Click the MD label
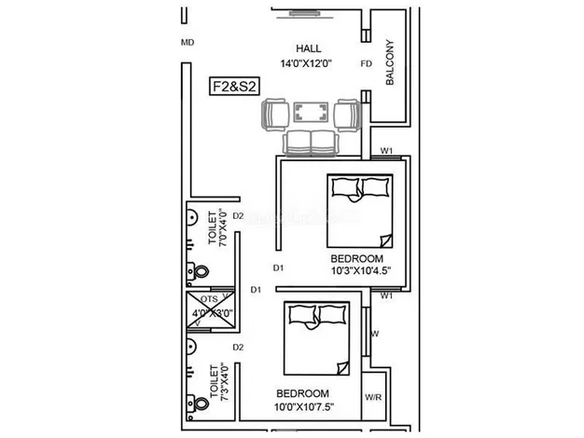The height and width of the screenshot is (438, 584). [x=187, y=42]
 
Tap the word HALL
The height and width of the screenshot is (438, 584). [x=308, y=48]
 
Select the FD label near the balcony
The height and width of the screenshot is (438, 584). [x=366, y=64]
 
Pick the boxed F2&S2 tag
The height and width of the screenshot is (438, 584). [x=234, y=87]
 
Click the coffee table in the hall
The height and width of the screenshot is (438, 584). [x=310, y=113]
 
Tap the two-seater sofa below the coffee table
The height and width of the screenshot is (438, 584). [x=310, y=142]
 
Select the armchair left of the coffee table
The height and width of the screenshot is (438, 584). [x=275, y=116]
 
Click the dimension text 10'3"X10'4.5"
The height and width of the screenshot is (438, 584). [x=359, y=271]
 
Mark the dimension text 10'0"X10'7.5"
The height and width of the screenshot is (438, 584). [x=303, y=406]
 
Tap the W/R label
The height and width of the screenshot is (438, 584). [x=373, y=397]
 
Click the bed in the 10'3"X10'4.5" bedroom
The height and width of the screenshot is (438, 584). [x=359, y=210]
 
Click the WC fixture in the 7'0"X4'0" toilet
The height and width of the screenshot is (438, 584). [x=198, y=270]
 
